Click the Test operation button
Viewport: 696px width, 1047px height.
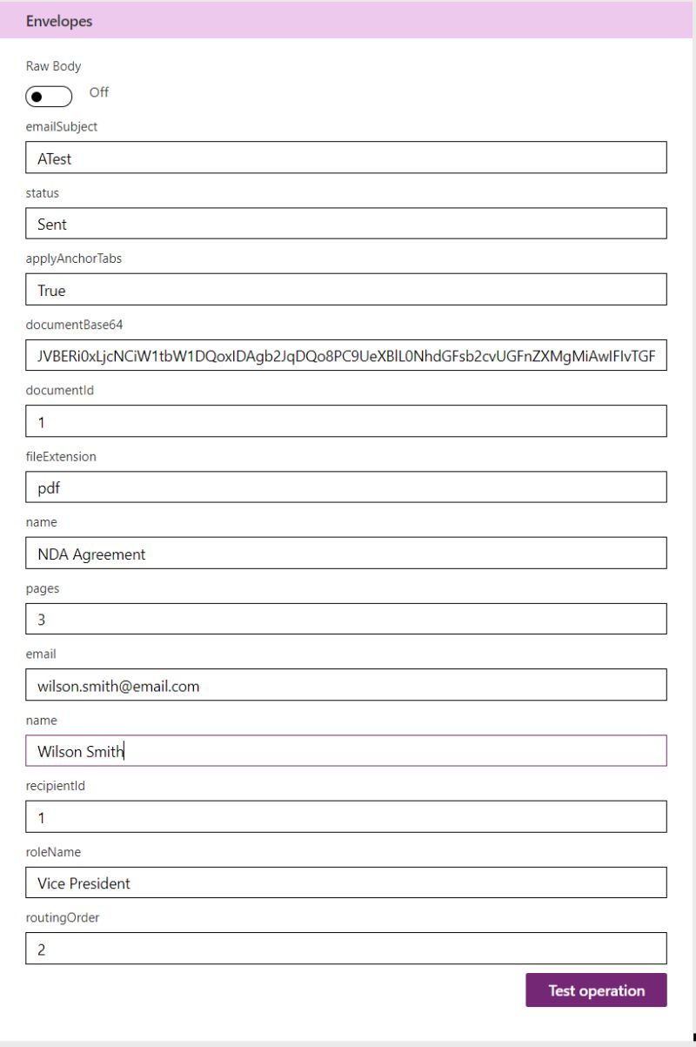(x=596, y=990)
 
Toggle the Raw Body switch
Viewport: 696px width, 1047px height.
(x=49, y=96)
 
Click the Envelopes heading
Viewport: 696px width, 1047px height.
(x=59, y=21)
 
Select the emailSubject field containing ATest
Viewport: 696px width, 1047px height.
(x=346, y=158)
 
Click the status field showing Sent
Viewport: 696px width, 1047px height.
(x=346, y=224)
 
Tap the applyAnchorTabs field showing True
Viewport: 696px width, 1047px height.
(x=346, y=290)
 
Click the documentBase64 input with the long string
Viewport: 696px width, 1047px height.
(x=346, y=355)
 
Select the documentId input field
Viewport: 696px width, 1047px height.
(x=346, y=421)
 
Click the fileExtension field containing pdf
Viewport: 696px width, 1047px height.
(x=346, y=487)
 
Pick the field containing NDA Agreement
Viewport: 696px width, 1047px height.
(x=346, y=554)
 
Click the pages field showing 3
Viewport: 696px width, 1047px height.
(x=346, y=619)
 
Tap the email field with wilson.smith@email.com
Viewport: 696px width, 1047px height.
(x=346, y=685)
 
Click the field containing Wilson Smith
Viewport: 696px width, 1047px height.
(x=346, y=751)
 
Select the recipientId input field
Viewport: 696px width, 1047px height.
(x=346, y=817)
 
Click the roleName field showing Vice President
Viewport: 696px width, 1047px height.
(x=346, y=883)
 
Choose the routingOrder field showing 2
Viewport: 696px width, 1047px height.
(x=346, y=949)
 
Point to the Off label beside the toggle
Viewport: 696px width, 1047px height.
(x=99, y=92)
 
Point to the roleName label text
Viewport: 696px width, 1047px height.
(x=53, y=852)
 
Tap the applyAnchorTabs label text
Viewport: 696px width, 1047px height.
(x=73, y=258)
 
